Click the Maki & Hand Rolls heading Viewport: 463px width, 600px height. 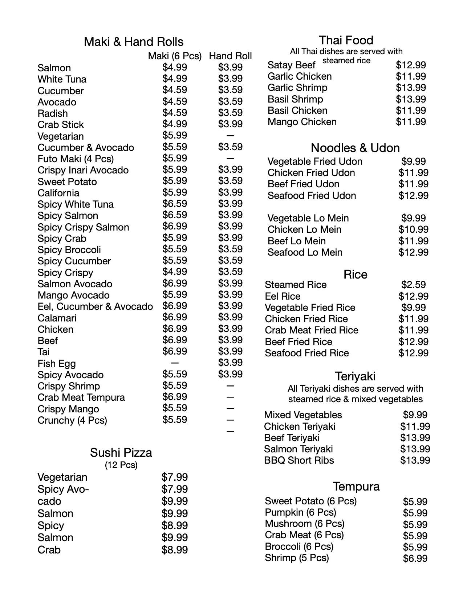[x=134, y=42]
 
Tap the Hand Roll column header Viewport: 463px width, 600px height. [x=230, y=56]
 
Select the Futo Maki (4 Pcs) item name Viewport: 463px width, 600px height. [x=76, y=159]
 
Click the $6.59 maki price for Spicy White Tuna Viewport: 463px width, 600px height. [x=175, y=204]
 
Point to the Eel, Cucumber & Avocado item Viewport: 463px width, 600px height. [x=95, y=307]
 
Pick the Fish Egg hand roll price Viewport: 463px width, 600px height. [x=230, y=363]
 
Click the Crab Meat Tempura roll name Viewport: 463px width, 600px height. [x=81, y=397]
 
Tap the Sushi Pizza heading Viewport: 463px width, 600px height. [x=121, y=453]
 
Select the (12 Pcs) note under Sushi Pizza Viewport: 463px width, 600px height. [x=121, y=465]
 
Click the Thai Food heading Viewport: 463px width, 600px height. [x=346, y=40]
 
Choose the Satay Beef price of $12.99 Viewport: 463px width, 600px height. [x=411, y=65]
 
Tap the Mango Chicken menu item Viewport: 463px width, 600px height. [x=302, y=122]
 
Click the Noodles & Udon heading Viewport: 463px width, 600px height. [x=355, y=148]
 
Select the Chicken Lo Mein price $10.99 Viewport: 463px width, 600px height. [x=413, y=229]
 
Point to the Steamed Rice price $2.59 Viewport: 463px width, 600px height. [x=413, y=285]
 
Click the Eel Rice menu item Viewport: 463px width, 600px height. [x=283, y=296]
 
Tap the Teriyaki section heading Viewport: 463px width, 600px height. [x=355, y=376]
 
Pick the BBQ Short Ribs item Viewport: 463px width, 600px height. [x=299, y=460]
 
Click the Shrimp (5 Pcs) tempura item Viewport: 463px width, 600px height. [x=297, y=558]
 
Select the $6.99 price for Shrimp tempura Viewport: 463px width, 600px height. [x=415, y=559]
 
